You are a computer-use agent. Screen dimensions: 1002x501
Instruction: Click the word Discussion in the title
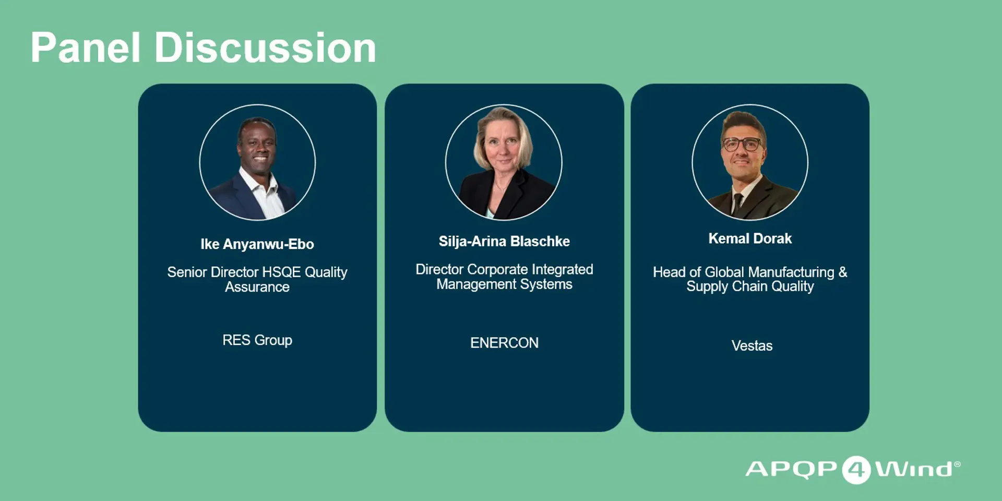pyautogui.click(x=265, y=47)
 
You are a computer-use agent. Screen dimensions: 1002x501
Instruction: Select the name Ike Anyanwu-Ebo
pyautogui.click(x=257, y=244)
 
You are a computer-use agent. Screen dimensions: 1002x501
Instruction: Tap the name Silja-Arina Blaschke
pyautogui.click(x=504, y=242)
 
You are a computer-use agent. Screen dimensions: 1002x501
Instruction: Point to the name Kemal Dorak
pyautogui.click(x=750, y=238)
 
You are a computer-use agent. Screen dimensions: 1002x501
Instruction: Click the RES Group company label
pyautogui.click(x=257, y=340)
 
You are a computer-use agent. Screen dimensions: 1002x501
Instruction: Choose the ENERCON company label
pyautogui.click(x=504, y=343)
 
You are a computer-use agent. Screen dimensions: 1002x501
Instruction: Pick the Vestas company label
pyautogui.click(x=751, y=345)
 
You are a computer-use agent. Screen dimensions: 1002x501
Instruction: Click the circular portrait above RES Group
pyautogui.click(x=257, y=162)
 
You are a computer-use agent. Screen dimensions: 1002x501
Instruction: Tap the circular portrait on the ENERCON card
pyautogui.click(x=504, y=162)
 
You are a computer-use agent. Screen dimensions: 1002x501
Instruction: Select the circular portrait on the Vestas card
pyautogui.click(x=750, y=162)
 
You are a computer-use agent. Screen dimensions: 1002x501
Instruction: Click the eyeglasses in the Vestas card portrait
pyautogui.click(x=742, y=144)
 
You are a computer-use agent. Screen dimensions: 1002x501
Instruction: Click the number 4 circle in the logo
pyautogui.click(x=856, y=470)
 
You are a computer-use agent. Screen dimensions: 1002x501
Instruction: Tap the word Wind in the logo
pyautogui.click(x=917, y=469)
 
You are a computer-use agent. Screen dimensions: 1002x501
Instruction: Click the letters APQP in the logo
pyautogui.click(x=791, y=469)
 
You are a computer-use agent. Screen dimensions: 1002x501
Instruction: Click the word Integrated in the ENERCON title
pyautogui.click(x=562, y=270)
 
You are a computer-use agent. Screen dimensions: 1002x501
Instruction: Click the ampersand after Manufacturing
pyautogui.click(x=843, y=272)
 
